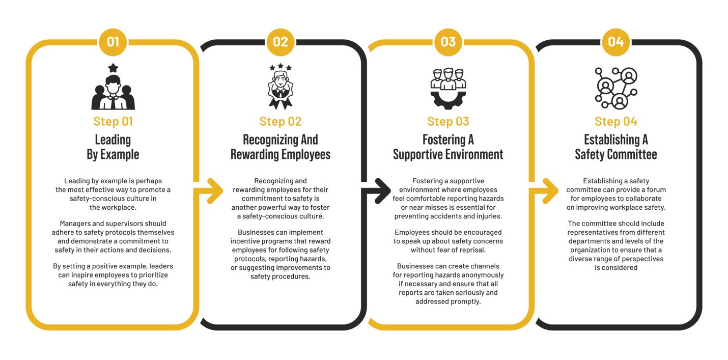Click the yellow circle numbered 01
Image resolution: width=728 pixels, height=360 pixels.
tap(113, 41)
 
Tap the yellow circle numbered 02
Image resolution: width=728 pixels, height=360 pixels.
tap(281, 41)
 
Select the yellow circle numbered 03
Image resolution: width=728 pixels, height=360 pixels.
tap(448, 41)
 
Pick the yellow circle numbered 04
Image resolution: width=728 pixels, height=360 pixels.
tap(615, 41)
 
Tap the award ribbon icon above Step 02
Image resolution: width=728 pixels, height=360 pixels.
tap(281, 88)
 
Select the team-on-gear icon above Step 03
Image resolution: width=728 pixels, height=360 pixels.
tap(448, 88)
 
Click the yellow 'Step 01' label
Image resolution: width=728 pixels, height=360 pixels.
tap(113, 121)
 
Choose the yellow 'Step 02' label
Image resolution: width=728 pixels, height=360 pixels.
tap(281, 121)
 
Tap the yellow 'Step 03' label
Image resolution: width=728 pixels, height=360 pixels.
tap(448, 121)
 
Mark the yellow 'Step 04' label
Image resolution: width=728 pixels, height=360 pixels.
tap(615, 121)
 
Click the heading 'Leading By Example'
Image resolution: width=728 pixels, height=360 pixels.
tap(113, 147)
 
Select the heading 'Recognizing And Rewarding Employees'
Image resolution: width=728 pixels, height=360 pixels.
tap(281, 147)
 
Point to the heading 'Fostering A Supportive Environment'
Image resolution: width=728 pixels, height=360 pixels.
tap(448, 147)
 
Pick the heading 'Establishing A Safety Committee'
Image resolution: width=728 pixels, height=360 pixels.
tap(615, 147)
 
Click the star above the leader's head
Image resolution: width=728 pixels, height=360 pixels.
tap(113, 68)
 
